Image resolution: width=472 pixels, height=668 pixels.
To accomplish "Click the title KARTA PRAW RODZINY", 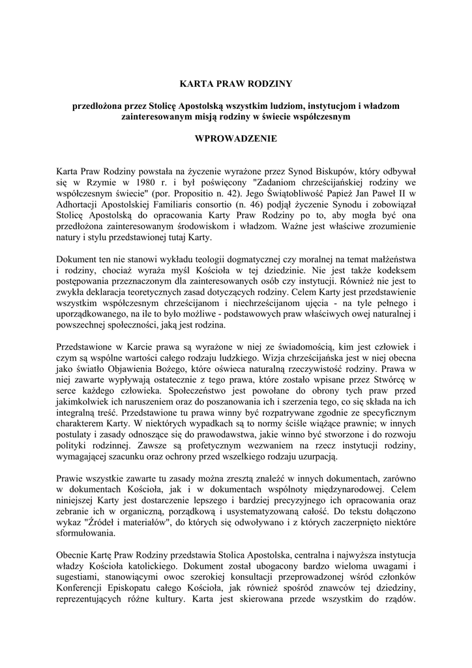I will tap(236, 83).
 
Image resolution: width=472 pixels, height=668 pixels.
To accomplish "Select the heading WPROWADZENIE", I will tap(236, 138).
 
